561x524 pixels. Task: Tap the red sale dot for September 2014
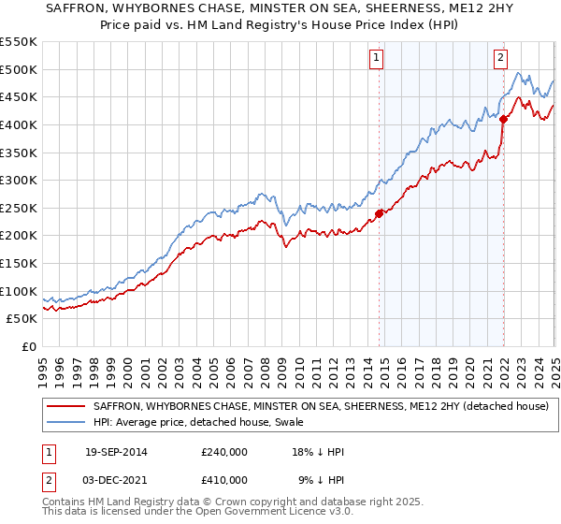(x=379, y=213)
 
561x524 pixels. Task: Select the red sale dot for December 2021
(x=503, y=119)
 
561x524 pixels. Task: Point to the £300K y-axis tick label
(x=19, y=180)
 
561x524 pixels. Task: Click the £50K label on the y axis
(x=22, y=319)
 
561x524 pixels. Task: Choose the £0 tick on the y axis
(x=30, y=347)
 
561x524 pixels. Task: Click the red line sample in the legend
(x=67, y=406)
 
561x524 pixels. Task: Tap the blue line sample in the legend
(x=67, y=423)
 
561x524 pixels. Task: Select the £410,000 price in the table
(x=223, y=480)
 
